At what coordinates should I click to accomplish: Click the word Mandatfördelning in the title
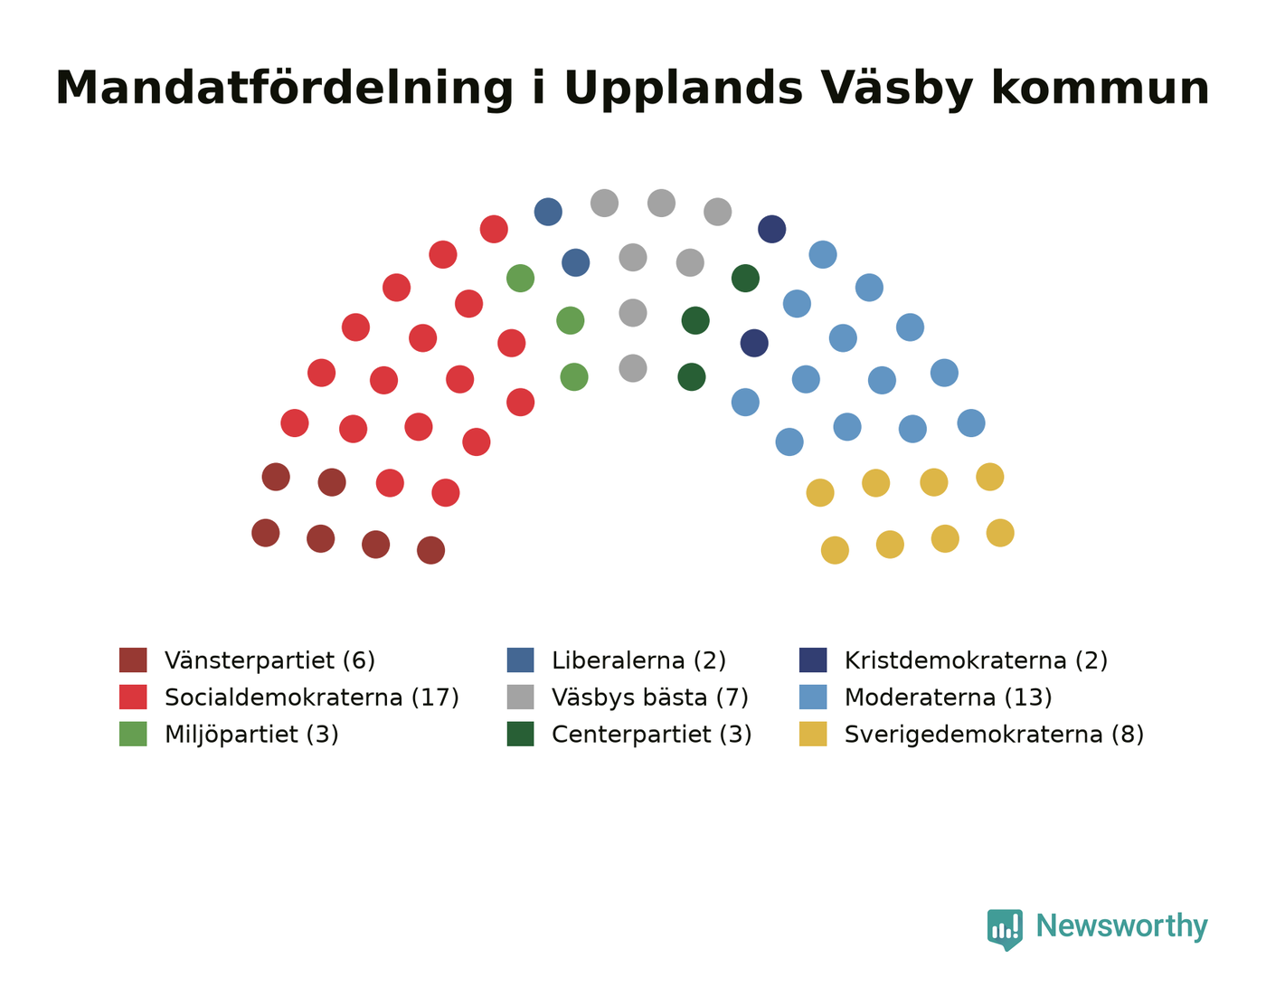pos(285,89)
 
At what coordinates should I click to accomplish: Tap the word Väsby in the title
pos(896,89)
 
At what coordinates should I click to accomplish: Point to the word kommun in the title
pos(1100,89)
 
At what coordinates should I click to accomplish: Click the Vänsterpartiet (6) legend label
pos(269,660)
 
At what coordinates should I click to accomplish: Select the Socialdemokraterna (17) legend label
pos(312,697)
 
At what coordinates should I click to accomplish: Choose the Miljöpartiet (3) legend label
pos(251,734)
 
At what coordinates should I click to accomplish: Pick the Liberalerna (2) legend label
pos(639,660)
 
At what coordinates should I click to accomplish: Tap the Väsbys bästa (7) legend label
pos(650,697)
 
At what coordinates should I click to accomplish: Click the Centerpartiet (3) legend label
pos(652,734)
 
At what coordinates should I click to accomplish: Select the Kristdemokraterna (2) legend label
pos(976,660)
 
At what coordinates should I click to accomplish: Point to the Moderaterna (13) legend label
pos(949,697)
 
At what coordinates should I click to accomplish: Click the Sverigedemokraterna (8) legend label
pos(994,734)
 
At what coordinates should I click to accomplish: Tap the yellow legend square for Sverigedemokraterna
pos(813,734)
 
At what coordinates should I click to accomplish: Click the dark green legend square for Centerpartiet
pos(521,734)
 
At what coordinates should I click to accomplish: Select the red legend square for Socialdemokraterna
pos(133,697)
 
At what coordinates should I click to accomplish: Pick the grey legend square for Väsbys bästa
pos(521,697)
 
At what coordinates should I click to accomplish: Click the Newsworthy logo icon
pos(1005,929)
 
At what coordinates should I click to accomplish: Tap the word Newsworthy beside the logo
pos(1121,926)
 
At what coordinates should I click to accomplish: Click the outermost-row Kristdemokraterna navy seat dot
pos(772,229)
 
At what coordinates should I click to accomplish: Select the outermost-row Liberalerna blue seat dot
pos(548,212)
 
